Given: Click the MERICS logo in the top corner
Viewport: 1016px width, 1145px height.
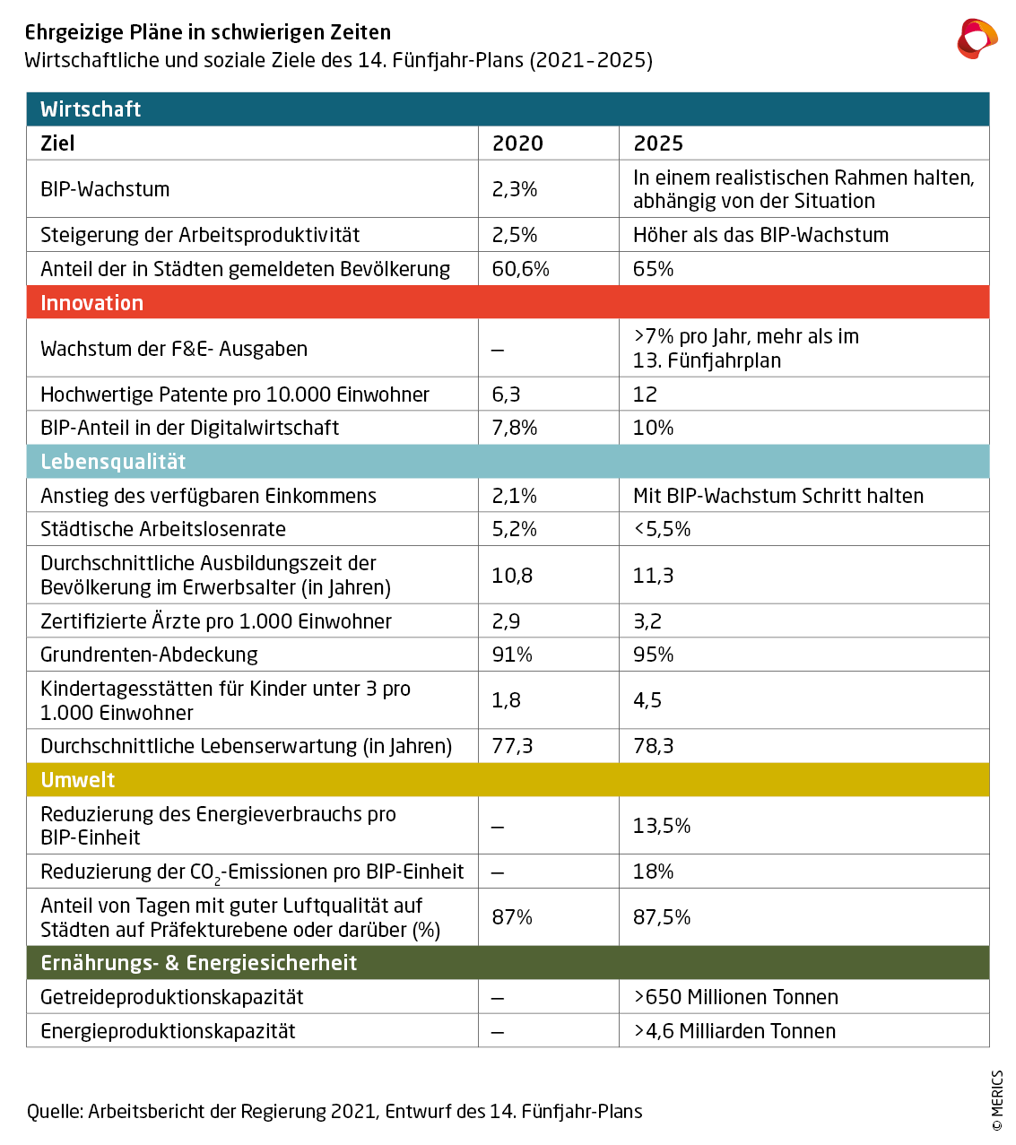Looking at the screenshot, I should (977, 39).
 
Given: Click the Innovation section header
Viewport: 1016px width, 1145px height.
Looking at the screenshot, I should (91, 303).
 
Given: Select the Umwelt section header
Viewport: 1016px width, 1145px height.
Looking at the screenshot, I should (78, 780).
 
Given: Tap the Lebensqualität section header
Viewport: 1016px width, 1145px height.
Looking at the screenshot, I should (113, 462).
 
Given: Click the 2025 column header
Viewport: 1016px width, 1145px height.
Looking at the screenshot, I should (658, 143).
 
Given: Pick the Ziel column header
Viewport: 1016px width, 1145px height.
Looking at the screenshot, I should (57, 143).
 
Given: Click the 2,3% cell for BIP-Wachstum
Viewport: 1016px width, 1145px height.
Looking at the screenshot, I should (515, 189).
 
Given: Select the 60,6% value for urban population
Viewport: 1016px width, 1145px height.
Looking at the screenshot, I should (521, 269).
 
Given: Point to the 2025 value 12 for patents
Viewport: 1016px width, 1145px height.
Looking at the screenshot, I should (645, 395).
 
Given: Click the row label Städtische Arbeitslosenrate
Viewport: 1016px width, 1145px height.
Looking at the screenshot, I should (163, 529).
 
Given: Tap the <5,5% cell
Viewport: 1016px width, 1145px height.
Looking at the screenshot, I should (662, 529).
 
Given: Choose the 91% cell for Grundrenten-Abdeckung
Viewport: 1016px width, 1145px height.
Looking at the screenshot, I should (512, 655).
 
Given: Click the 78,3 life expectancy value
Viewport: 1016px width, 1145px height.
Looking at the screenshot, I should (653, 746).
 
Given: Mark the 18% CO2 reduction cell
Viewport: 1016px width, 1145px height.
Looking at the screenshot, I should (653, 872).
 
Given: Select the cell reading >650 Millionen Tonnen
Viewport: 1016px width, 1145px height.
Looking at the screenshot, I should (735, 997).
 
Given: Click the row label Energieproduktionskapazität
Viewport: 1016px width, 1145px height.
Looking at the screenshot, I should (168, 1031).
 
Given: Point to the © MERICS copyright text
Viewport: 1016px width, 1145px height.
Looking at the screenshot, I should (997, 1100).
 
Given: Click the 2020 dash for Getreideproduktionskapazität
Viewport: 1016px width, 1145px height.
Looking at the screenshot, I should (498, 998).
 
